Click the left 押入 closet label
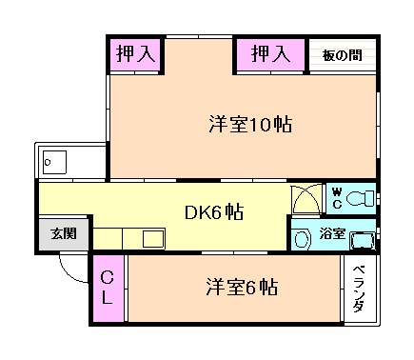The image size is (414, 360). [x=135, y=54]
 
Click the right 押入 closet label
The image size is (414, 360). [x=270, y=54]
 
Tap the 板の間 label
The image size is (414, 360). [x=341, y=55]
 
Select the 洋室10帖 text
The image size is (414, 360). [x=250, y=124]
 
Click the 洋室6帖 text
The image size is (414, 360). [x=241, y=287]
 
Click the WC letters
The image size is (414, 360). [x=336, y=198]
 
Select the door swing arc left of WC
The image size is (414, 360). [x=306, y=201]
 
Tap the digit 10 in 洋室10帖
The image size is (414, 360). [x=267, y=124]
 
